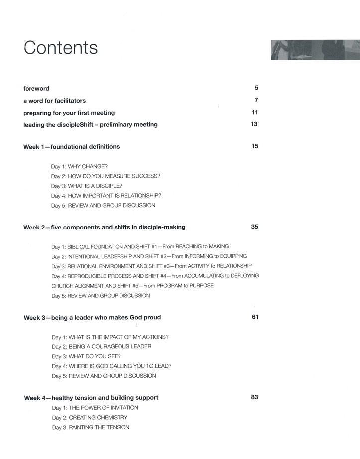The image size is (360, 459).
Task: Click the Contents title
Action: point(60,48)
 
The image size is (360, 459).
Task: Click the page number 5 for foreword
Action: point(256,88)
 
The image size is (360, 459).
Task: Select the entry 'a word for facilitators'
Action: point(55,101)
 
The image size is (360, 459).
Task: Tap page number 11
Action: point(255,112)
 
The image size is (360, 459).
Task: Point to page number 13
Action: point(254,124)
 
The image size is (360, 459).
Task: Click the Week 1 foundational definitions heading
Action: point(72,147)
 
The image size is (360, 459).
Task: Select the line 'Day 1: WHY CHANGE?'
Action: point(79,166)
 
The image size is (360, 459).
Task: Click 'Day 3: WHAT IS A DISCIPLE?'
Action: point(87,186)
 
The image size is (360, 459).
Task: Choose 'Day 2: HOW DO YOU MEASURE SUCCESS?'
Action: point(106,176)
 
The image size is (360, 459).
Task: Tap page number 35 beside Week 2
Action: point(255,227)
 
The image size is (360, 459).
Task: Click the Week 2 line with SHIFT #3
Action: point(151,266)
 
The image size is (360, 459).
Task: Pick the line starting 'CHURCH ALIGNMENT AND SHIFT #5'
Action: point(132,286)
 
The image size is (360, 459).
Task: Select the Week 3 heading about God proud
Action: point(92,317)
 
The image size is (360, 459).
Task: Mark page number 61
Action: point(255,317)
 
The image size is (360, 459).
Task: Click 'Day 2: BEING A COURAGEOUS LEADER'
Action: point(102,346)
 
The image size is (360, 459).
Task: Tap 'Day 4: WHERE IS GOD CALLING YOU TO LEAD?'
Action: point(112,366)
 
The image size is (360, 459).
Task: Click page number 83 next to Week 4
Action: point(255,397)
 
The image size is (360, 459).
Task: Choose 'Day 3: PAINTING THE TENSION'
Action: point(91,427)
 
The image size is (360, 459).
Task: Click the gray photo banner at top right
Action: point(315,50)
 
